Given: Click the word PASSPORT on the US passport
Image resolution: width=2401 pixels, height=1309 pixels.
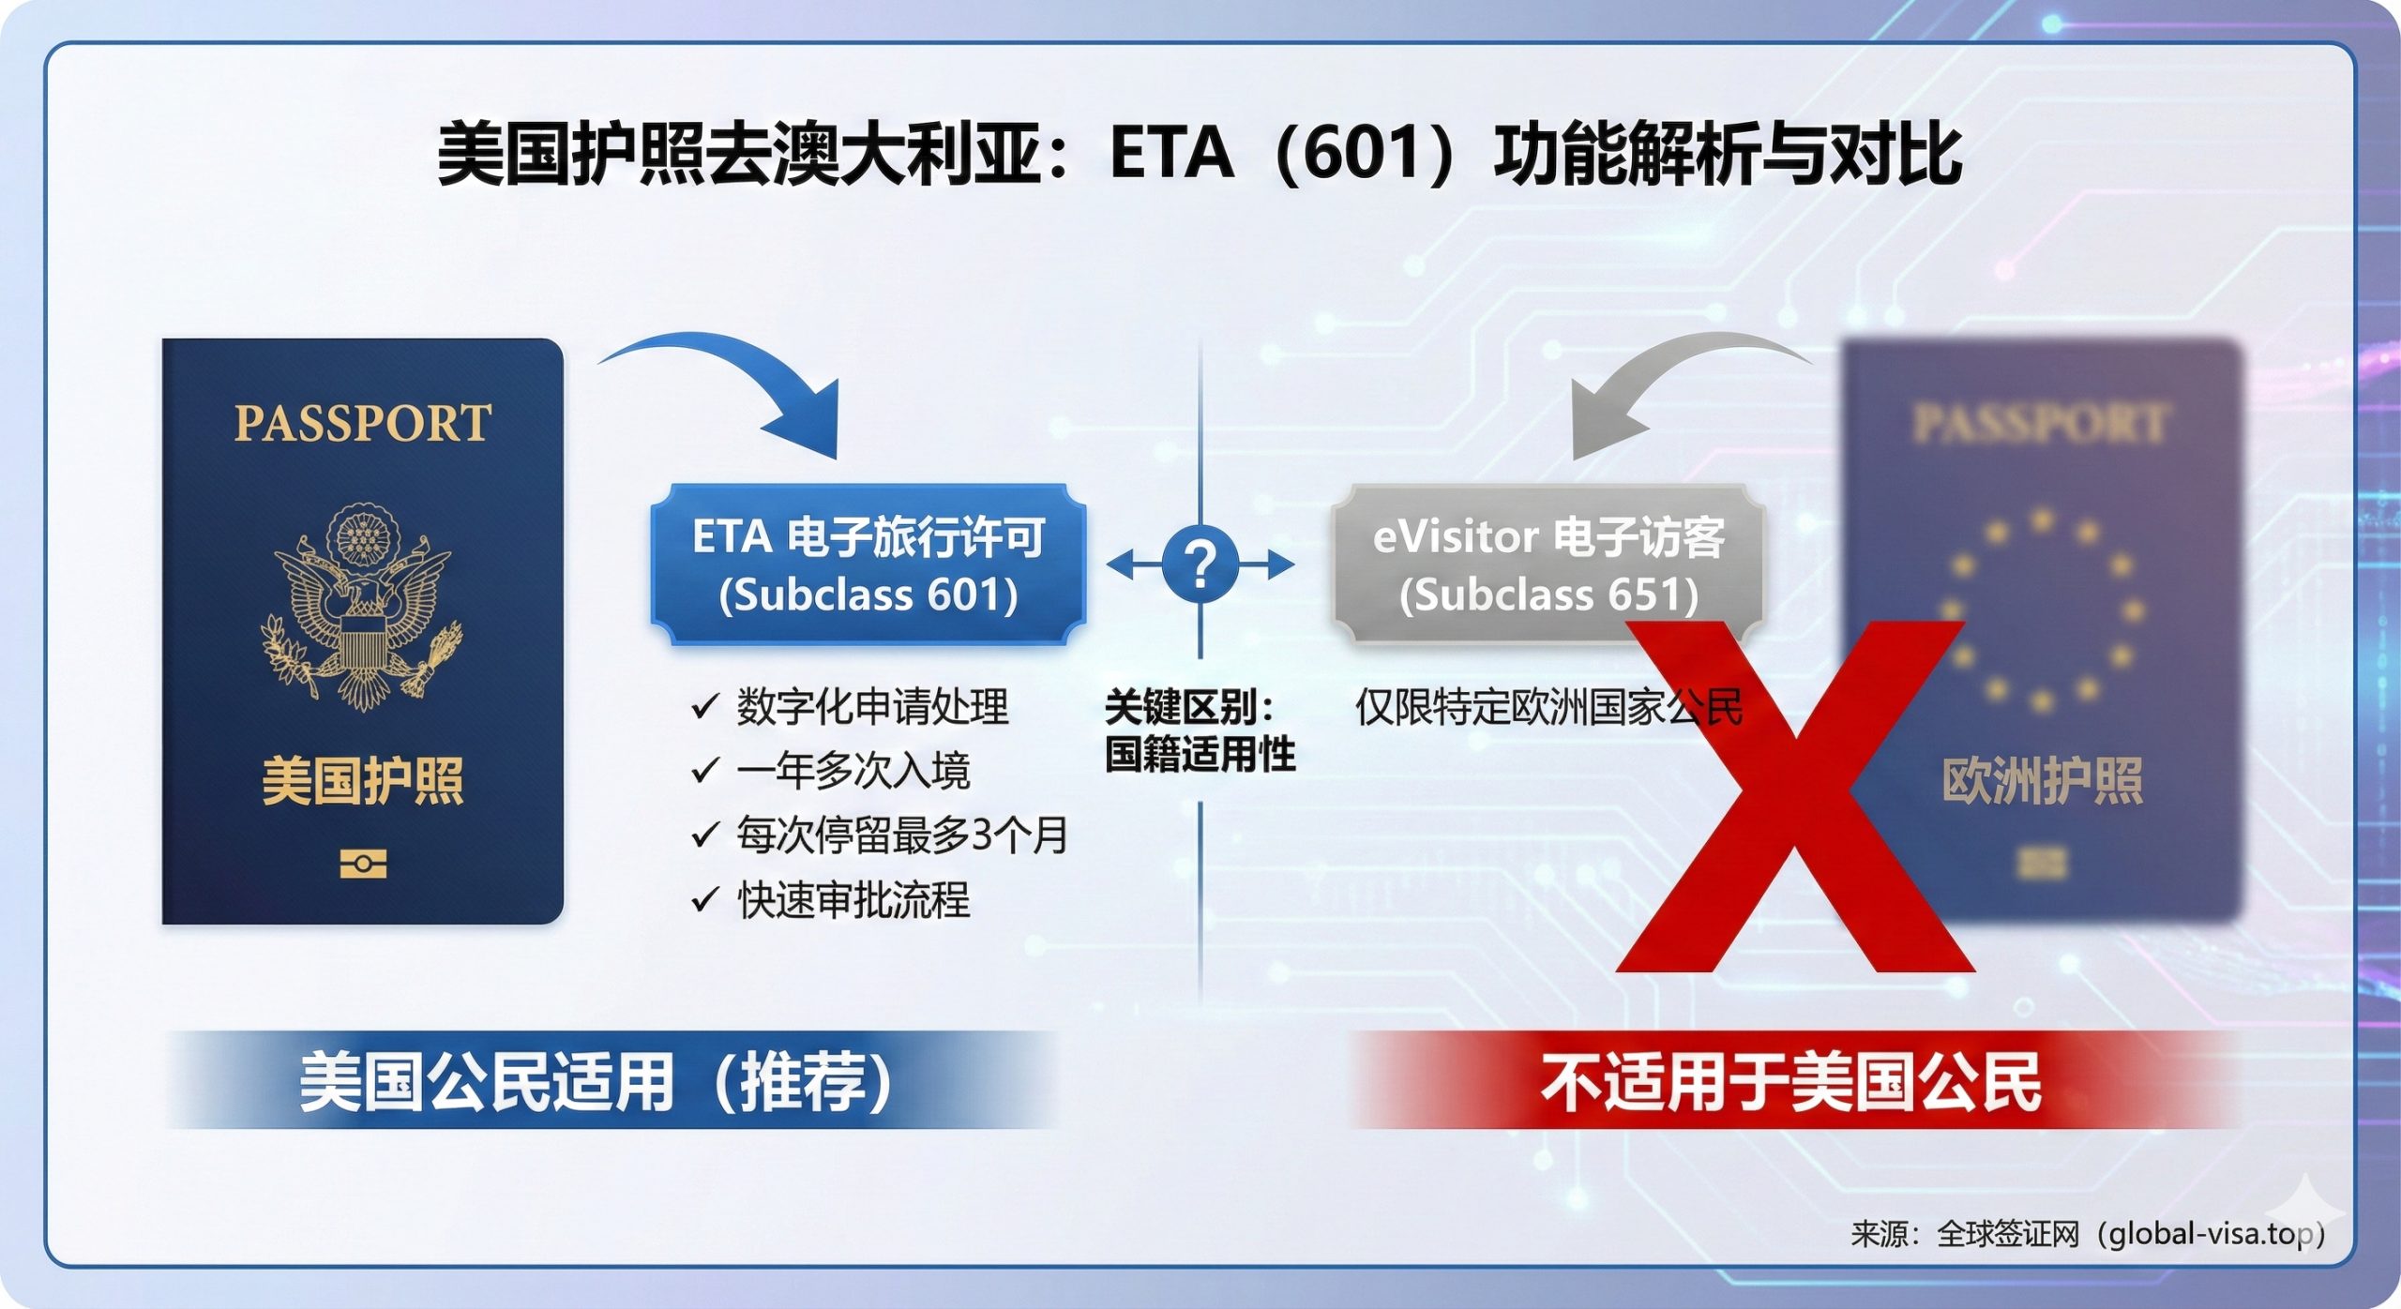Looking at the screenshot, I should point(362,423).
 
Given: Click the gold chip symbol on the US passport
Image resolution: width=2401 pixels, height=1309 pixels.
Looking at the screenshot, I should point(363,864).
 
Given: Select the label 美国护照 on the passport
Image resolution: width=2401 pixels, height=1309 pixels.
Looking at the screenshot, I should point(362,781).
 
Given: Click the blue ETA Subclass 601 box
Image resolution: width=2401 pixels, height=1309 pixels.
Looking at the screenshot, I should point(868,564).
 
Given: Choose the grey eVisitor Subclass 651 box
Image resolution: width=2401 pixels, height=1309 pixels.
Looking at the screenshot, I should point(1548,564).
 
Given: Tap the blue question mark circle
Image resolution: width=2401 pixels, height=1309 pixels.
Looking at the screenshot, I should point(1200,564).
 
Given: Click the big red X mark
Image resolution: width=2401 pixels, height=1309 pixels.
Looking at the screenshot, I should point(1796,797).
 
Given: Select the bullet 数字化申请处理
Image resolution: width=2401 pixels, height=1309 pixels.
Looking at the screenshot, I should point(871,706).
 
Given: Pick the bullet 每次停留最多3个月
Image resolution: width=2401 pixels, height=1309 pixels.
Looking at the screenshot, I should point(901,835).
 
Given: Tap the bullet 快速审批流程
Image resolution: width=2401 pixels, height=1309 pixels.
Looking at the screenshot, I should point(853,899).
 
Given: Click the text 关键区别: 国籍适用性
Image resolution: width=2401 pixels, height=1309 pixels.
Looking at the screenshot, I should point(1200,730).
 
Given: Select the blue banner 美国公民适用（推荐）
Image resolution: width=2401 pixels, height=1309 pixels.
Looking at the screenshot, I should point(595,1081).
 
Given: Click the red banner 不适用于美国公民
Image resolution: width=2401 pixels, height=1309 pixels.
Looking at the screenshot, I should point(1790,1081).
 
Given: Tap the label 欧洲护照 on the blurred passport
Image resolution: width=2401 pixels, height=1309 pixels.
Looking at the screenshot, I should point(2042,781).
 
